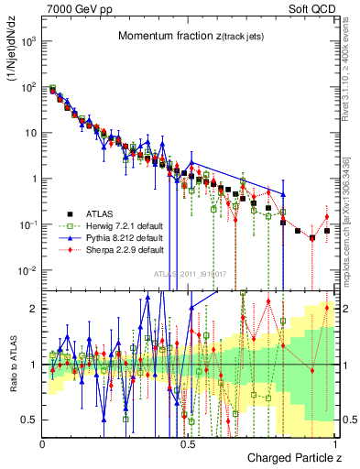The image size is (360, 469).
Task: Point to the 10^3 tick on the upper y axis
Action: coord(30,41)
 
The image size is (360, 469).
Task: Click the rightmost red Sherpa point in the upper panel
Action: coord(327,217)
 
